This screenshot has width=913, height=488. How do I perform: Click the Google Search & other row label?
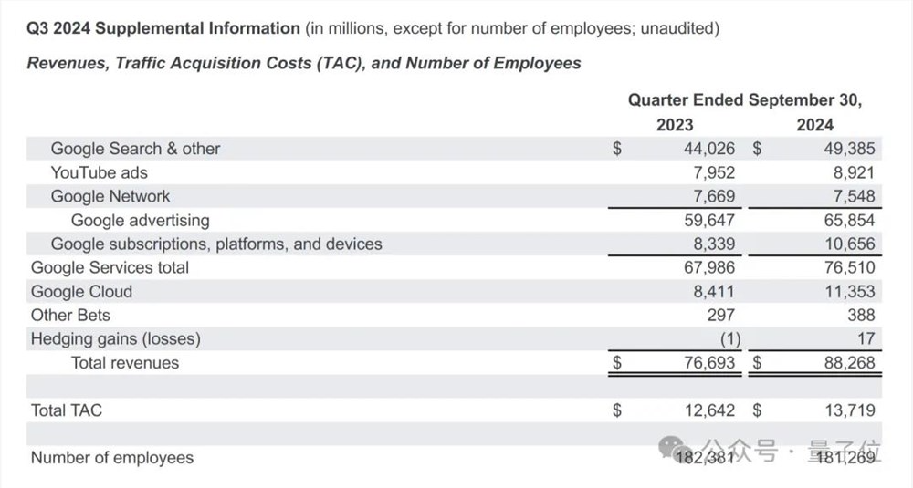(x=135, y=149)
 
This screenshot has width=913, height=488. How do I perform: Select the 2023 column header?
(x=675, y=125)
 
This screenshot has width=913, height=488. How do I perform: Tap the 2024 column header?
(x=814, y=125)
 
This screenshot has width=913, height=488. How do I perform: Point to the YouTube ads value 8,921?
(x=849, y=172)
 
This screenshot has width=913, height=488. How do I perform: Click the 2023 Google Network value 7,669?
(x=708, y=196)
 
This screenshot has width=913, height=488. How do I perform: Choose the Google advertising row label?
(x=140, y=220)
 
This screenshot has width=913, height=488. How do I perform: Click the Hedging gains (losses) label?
(x=116, y=338)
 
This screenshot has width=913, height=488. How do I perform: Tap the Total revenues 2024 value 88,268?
(x=845, y=363)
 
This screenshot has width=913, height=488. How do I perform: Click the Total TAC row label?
(x=67, y=410)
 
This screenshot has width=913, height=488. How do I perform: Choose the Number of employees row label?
(x=112, y=458)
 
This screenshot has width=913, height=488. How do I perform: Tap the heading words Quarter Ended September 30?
(x=745, y=100)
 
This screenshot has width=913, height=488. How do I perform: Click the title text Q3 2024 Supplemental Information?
(x=163, y=28)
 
